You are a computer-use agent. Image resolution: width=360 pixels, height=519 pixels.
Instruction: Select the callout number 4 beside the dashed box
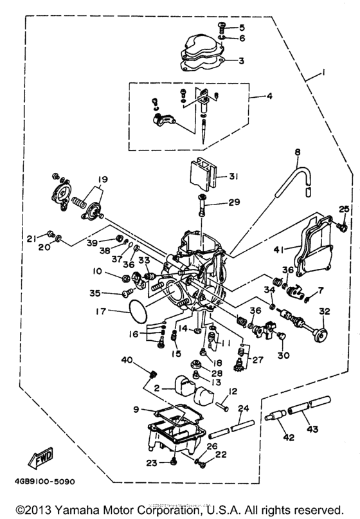click(x=271, y=97)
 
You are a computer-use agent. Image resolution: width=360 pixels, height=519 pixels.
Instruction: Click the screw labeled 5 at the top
click(x=222, y=26)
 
